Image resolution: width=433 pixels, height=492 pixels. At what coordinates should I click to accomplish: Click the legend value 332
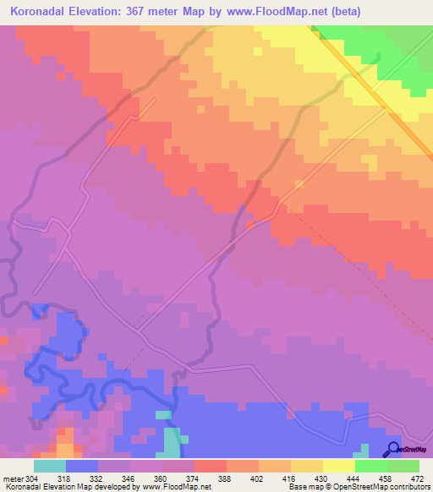tap(98, 478)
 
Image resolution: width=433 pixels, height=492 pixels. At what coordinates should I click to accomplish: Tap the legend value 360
tap(162, 478)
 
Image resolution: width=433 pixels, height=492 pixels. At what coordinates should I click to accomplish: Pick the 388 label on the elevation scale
tap(227, 478)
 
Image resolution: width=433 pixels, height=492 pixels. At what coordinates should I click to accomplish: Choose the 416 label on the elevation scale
tap(291, 478)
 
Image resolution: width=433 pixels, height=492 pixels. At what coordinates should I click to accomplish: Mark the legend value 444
tap(355, 478)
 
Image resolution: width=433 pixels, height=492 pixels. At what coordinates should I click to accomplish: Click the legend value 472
tap(418, 478)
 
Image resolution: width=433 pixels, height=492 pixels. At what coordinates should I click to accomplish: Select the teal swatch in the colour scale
tap(49, 466)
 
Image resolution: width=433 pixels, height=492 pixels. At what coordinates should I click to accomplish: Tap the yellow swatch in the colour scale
tap(338, 466)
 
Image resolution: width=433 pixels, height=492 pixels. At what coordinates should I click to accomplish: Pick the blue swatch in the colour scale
tap(81, 466)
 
